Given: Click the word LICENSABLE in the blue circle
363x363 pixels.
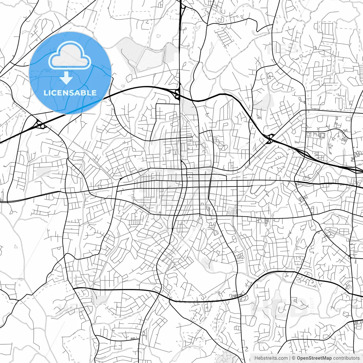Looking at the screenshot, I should (70, 93).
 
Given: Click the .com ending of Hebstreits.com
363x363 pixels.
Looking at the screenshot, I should (282, 358).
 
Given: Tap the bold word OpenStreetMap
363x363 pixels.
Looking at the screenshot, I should (314, 358).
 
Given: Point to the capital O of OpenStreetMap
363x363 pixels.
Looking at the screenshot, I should (299, 358).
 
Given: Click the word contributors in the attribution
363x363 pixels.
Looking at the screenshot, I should (346, 358).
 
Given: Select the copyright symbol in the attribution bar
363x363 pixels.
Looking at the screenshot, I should (294, 358).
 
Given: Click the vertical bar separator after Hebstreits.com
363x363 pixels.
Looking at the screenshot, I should (290, 358).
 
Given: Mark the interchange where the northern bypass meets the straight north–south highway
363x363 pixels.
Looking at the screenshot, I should (178, 94).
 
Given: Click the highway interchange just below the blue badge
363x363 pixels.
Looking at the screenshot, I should (40, 124).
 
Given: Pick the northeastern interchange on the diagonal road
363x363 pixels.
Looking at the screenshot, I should (270, 138).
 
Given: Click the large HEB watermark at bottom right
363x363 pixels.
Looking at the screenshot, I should (279, 306).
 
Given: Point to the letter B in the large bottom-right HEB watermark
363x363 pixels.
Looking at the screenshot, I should (298, 306).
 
